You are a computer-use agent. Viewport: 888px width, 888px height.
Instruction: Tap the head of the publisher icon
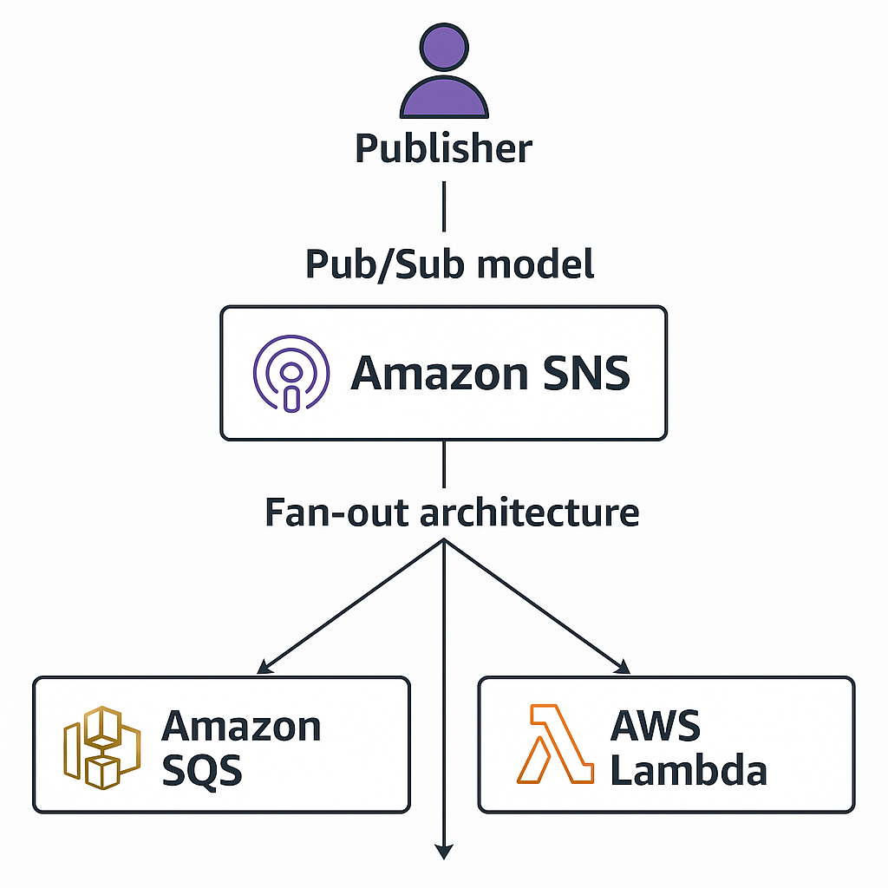443,49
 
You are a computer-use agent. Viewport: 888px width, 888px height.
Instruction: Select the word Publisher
443,149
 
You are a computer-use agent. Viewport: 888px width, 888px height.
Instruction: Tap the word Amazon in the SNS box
439,374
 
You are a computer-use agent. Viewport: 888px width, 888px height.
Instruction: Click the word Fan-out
336,513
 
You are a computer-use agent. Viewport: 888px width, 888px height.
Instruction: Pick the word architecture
530,513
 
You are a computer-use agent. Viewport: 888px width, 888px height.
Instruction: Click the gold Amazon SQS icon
101,747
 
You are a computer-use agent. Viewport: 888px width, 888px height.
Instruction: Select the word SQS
201,769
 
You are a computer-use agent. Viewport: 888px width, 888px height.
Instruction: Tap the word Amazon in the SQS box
241,726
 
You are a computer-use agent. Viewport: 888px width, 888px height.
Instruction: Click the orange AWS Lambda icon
555,745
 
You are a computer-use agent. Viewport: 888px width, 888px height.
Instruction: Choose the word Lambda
689,769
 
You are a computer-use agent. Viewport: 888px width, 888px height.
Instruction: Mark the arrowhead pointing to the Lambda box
623,668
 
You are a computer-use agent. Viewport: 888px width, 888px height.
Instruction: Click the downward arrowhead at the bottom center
444,852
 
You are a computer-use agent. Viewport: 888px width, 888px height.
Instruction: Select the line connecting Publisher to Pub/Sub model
444,208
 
